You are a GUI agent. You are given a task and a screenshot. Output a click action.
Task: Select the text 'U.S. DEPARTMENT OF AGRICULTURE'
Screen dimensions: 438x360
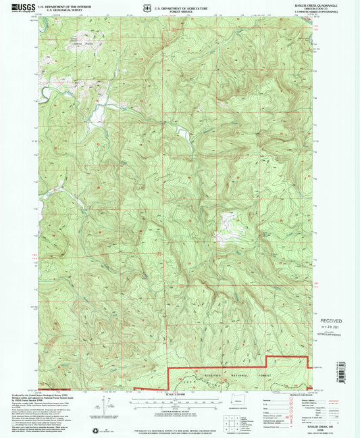coord(181,3)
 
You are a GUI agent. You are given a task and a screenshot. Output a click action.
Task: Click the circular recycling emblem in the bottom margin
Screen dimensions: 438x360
coord(95,430)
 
